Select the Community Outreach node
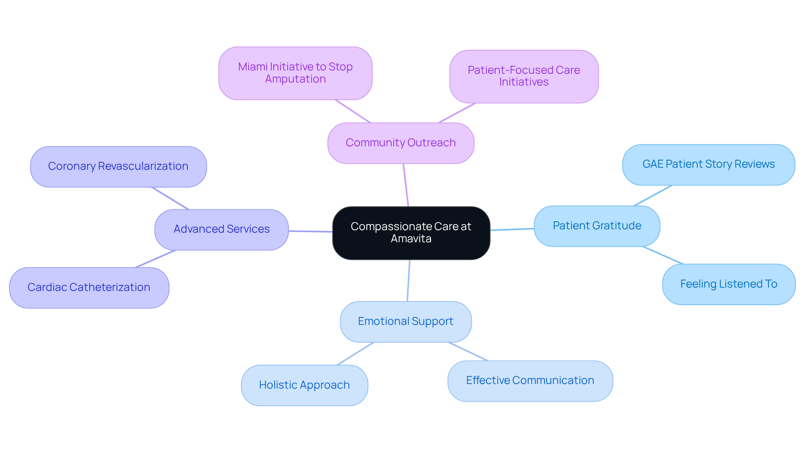point(400,143)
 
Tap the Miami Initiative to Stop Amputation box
point(295,73)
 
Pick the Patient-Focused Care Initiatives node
point(524,76)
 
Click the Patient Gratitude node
point(597,226)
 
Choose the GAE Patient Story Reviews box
point(708,164)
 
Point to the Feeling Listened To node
point(728,284)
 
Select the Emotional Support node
point(405,322)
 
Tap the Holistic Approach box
point(304,385)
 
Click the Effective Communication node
point(530,381)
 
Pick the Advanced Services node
point(221,229)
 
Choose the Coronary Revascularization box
point(118,166)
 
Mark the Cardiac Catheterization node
point(89,288)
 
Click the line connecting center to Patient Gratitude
point(512,229)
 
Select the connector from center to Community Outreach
point(406,185)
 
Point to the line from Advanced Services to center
point(310,231)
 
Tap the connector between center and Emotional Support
point(408,280)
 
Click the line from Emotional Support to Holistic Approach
point(356,353)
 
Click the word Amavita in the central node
point(411,239)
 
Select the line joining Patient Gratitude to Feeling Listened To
point(663,255)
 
